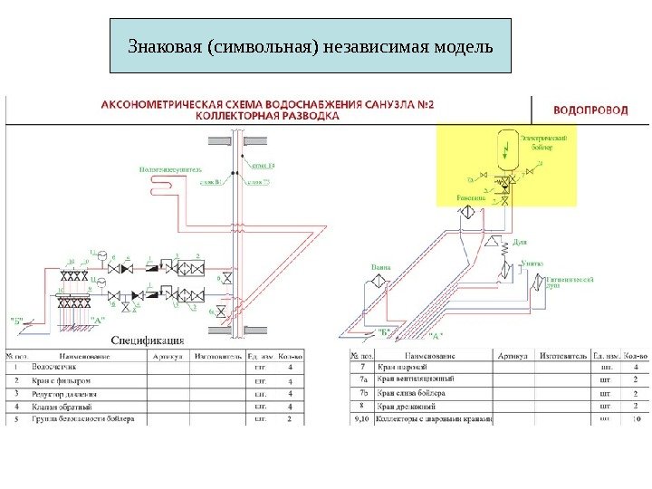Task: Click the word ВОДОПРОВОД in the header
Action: tap(590, 110)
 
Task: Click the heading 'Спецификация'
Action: tap(148, 340)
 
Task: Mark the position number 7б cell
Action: tap(363, 394)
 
